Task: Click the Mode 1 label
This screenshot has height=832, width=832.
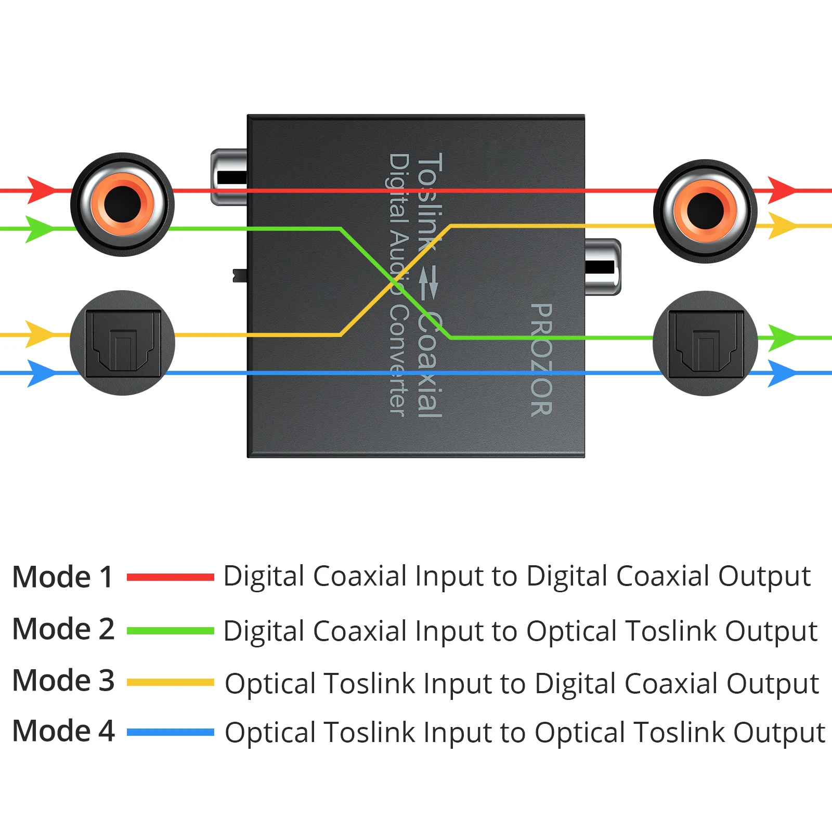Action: point(63,577)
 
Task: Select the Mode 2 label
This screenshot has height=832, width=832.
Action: point(63,629)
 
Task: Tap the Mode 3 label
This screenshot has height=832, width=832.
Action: point(63,680)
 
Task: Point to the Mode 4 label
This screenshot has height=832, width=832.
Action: point(63,731)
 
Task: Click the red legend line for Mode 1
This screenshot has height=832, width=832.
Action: point(171,577)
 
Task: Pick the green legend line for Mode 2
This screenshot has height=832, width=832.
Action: point(171,631)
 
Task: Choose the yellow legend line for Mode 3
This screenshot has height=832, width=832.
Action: point(171,682)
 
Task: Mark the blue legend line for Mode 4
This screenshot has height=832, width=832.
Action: point(171,732)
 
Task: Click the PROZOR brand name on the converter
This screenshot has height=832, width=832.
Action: point(541,359)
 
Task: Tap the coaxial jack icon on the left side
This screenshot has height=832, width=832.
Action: point(122,204)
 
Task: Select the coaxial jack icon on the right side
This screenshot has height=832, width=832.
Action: point(705,211)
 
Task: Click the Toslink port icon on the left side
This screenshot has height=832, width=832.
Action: point(122,343)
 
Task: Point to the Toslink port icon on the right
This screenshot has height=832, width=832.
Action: point(705,343)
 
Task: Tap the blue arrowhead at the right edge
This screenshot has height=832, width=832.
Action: point(782,373)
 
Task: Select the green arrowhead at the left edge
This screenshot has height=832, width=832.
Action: point(40,229)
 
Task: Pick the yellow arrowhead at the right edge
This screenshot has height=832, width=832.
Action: point(782,226)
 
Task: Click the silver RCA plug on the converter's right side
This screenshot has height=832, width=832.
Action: point(603,267)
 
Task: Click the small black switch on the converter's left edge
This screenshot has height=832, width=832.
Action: point(240,276)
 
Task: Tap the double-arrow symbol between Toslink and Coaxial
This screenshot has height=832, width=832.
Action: point(428,282)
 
